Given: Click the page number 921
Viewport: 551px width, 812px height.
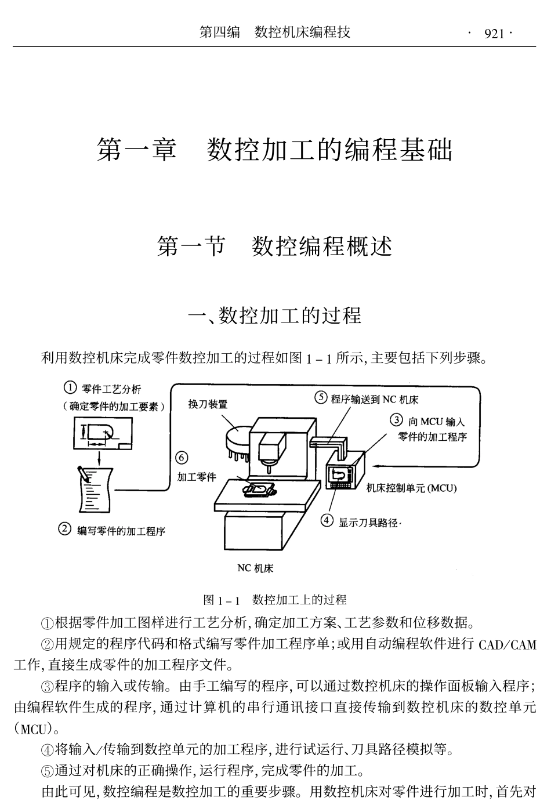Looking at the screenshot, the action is pyautogui.click(x=494, y=34).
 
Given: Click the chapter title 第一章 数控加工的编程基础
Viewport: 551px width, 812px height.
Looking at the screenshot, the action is pyautogui.click(x=274, y=150).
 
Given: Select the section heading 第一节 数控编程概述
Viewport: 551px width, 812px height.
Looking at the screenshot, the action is pyautogui.click(x=274, y=247).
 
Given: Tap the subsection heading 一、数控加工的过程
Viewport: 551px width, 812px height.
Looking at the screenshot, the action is pyautogui.click(x=274, y=316).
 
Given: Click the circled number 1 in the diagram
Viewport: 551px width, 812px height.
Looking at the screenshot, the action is pyautogui.click(x=70, y=387).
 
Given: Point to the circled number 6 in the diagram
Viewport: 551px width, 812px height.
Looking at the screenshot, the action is pyautogui.click(x=182, y=458).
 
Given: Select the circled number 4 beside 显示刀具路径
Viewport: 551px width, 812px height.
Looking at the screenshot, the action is pyautogui.click(x=328, y=521).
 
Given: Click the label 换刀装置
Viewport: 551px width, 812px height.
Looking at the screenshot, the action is pyautogui.click(x=208, y=404).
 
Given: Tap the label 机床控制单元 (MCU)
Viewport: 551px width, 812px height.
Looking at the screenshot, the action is pyautogui.click(x=412, y=488).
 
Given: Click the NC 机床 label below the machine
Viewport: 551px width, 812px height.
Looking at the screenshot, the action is pyautogui.click(x=255, y=568).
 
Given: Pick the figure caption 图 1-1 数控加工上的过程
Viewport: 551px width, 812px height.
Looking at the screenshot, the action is pyautogui.click(x=274, y=600).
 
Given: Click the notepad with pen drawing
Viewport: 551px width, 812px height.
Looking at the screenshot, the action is pyautogui.click(x=93, y=487).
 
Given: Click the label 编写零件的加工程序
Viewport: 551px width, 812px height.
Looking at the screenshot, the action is pyautogui.click(x=121, y=531).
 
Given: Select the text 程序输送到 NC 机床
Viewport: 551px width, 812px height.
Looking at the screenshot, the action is pyautogui.click(x=375, y=399).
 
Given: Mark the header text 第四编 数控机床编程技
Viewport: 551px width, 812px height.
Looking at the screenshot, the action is pyautogui.click(x=274, y=32).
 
